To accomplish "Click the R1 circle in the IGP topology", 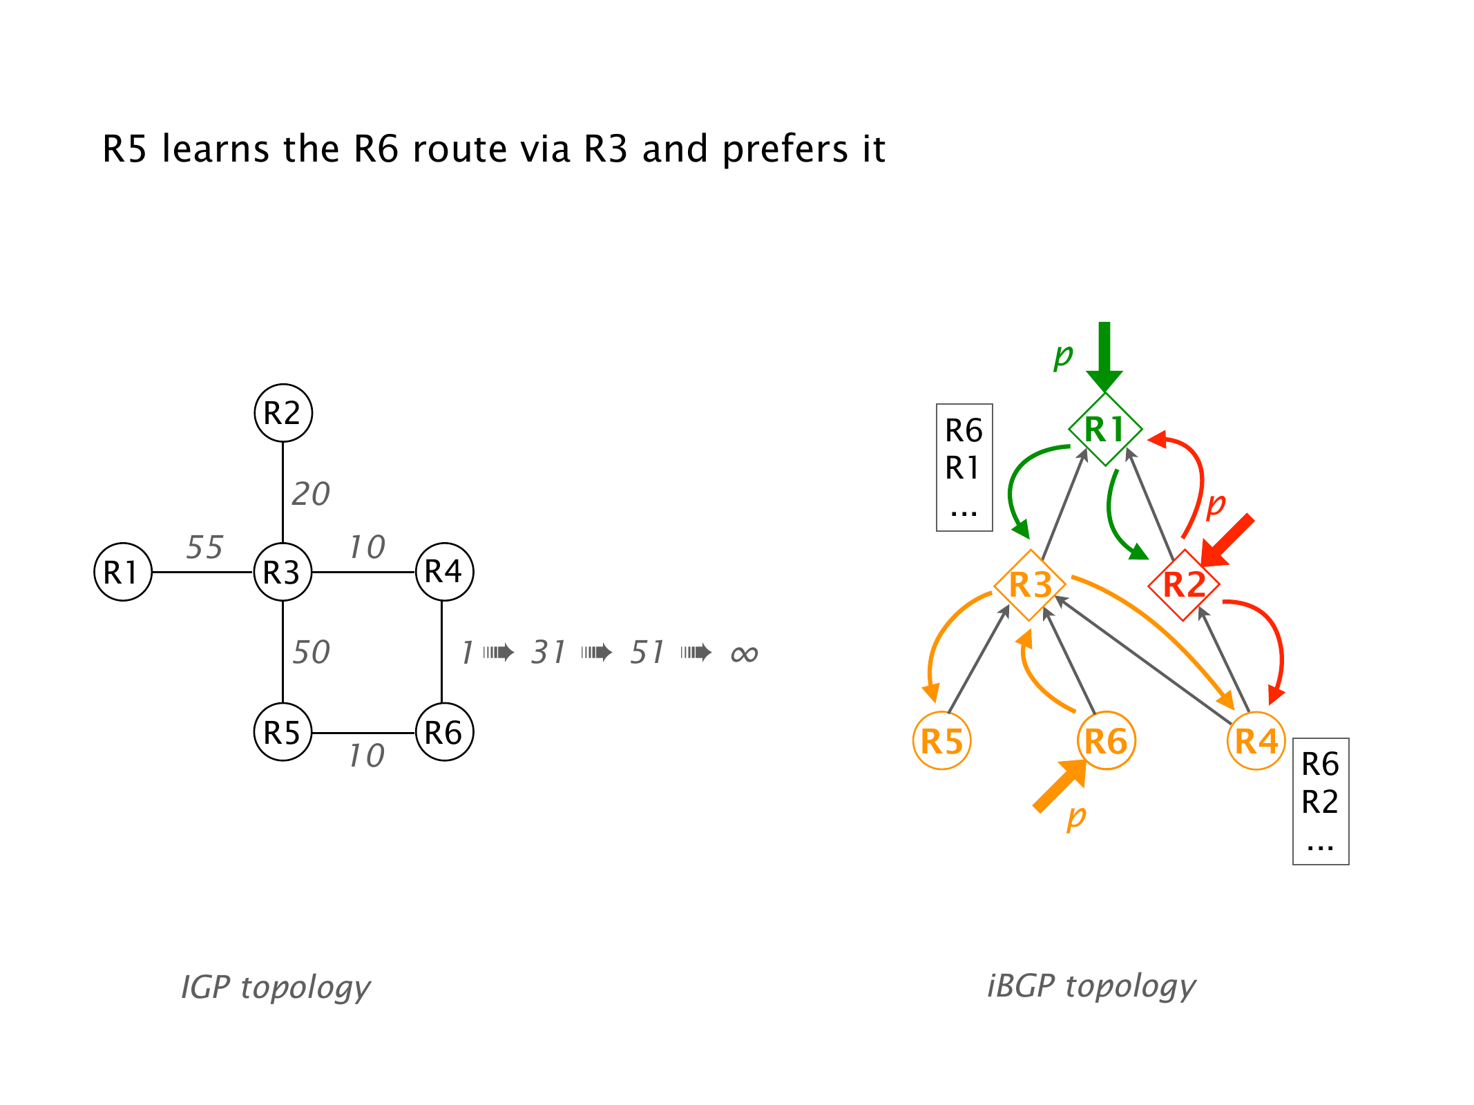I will (x=123, y=572).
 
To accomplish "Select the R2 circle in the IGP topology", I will (x=283, y=413).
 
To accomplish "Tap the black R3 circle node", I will (x=283, y=572).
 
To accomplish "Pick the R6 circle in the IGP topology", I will (x=444, y=732).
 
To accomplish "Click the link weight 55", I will (x=204, y=547).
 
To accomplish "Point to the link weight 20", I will (x=311, y=494).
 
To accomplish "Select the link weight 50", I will (x=311, y=653).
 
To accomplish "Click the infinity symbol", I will (x=744, y=653).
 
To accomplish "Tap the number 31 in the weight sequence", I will (x=548, y=653).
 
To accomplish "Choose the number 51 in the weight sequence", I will (x=647, y=653).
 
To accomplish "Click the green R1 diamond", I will (x=1105, y=429).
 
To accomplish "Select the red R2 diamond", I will (x=1184, y=585).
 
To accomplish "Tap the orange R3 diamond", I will (x=1030, y=585).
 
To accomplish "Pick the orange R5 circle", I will (x=942, y=741).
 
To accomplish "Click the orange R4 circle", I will (x=1256, y=741).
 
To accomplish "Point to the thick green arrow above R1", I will (x=1104, y=356).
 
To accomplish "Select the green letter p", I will (x=1063, y=356).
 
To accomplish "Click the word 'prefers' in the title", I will (x=785, y=149).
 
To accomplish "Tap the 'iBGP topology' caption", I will (x=1091, y=986).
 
